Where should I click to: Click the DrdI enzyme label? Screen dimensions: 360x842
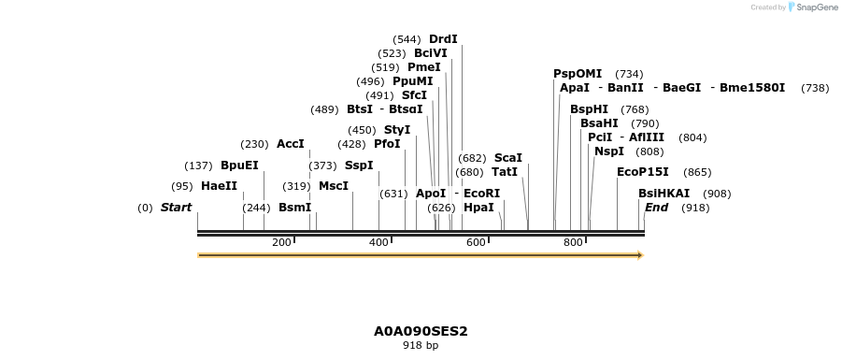click(x=443, y=39)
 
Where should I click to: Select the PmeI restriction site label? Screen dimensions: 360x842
click(x=424, y=67)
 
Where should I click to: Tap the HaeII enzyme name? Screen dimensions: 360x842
click(x=219, y=186)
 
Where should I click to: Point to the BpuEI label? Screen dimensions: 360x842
click(x=239, y=166)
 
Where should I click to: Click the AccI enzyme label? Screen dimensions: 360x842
click(x=291, y=144)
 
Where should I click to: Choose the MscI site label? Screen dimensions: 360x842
click(x=334, y=186)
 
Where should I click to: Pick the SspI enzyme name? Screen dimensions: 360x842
click(x=359, y=166)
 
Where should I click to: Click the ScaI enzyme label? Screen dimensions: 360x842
click(x=508, y=158)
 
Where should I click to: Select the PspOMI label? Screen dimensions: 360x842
click(x=578, y=74)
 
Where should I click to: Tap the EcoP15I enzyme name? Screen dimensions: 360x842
click(x=643, y=172)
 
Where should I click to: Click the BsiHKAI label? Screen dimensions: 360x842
click(x=664, y=194)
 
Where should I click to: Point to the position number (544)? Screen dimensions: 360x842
click(x=407, y=39)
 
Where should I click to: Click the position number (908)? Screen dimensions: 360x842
click(x=718, y=194)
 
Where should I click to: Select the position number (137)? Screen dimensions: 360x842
click(x=198, y=166)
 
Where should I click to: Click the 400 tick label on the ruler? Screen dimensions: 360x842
click(x=378, y=243)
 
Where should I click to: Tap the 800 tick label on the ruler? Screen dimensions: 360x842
click(x=573, y=243)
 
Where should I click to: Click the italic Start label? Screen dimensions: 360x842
click(x=176, y=208)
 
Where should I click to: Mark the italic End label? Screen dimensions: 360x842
click(x=656, y=208)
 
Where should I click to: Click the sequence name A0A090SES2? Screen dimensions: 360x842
click(x=421, y=331)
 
